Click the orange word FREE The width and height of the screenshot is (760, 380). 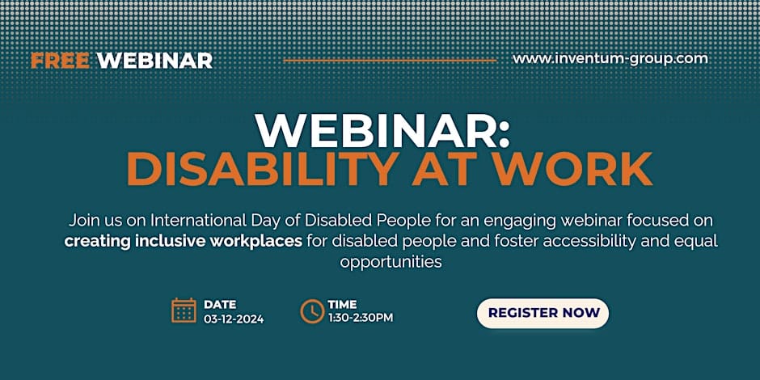[61, 61]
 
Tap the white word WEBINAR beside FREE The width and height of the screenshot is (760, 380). [154, 61]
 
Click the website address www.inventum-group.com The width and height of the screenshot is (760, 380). [610, 59]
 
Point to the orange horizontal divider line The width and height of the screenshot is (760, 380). [391, 61]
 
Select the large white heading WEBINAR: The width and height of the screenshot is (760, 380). [382, 130]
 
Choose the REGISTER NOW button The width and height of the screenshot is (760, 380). [543, 313]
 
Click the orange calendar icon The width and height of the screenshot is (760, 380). [184, 310]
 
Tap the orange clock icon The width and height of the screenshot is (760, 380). [312, 311]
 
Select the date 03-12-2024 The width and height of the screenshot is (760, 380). [234, 319]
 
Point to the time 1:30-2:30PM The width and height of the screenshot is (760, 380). [361, 318]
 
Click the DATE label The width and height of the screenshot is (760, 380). [220, 305]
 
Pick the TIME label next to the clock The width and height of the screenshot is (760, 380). [342, 304]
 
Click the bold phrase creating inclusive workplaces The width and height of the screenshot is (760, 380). [184, 242]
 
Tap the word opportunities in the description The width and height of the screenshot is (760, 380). [391, 263]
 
